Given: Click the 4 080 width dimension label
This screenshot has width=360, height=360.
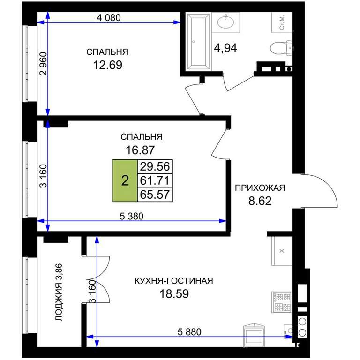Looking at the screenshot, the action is tap(109, 18).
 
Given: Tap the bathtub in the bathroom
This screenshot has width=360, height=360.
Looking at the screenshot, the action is tap(199, 42).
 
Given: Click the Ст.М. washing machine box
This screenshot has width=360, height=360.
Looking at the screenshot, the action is tap(282, 22).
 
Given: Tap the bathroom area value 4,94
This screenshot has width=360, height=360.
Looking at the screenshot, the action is tap(225, 48).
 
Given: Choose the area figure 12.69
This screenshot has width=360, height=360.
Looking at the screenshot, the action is tap(108, 65).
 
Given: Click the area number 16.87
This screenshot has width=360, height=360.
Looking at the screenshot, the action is tap(140, 150).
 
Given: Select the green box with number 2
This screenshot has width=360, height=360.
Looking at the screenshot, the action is tap(125, 180).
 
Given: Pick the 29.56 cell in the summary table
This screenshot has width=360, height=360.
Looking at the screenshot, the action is tap(155, 166).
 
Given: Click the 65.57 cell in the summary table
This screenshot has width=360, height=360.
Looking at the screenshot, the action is tap(155, 195).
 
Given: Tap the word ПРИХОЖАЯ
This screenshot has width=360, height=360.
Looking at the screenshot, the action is tap(260, 188).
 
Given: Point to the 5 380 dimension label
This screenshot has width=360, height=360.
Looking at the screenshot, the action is tap(132, 216).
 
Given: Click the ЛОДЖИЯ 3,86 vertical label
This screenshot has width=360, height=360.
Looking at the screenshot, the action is tap(59, 292).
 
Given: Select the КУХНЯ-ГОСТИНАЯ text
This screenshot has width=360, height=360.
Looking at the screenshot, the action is tap(174, 281).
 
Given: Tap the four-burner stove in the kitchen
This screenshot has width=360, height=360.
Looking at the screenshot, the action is tap(281, 302).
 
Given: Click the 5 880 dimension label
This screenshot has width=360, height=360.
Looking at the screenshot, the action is tap(189, 332).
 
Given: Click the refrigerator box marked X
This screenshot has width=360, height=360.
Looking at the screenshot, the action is tap(282, 251).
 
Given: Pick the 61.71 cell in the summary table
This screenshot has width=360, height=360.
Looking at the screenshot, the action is tap(155, 180).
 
